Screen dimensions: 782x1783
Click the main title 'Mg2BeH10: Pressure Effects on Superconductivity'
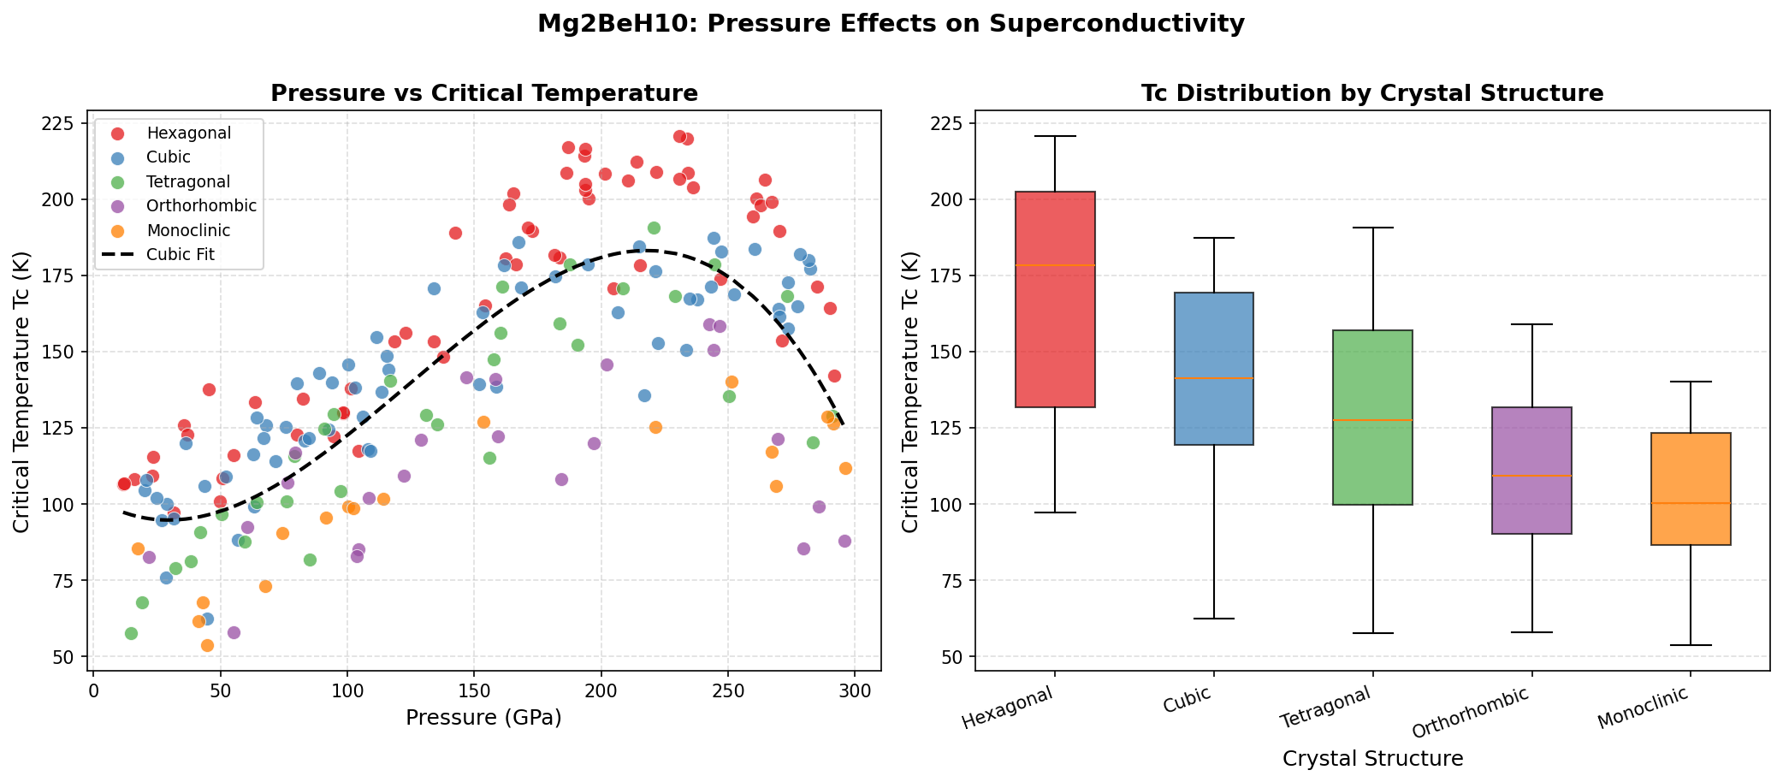(x=891, y=24)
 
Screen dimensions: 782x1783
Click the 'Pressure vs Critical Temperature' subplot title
(x=483, y=94)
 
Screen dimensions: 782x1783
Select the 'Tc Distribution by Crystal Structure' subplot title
(x=1371, y=94)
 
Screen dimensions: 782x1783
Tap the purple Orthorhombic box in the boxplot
(x=1531, y=471)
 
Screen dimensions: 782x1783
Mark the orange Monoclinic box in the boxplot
(x=1691, y=489)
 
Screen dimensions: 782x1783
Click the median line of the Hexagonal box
(x=1055, y=265)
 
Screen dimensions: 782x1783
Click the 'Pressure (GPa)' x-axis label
(x=483, y=717)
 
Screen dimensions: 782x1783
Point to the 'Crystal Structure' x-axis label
(x=1372, y=758)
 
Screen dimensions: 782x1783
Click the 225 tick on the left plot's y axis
(x=64, y=124)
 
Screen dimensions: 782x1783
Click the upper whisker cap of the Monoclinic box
(x=1691, y=382)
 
